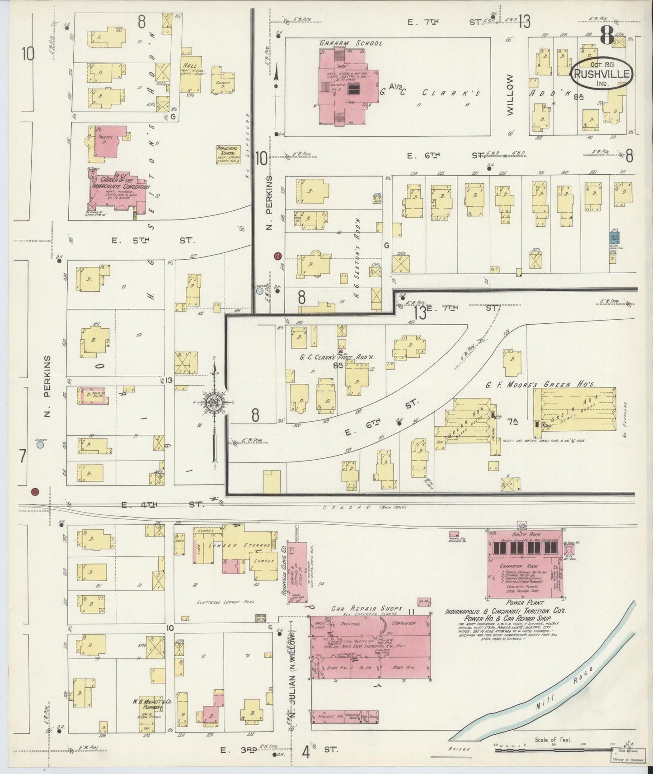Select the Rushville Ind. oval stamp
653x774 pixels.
pos(601,74)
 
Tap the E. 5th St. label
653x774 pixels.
pos(153,241)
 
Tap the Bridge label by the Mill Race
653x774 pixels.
pos(459,749)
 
